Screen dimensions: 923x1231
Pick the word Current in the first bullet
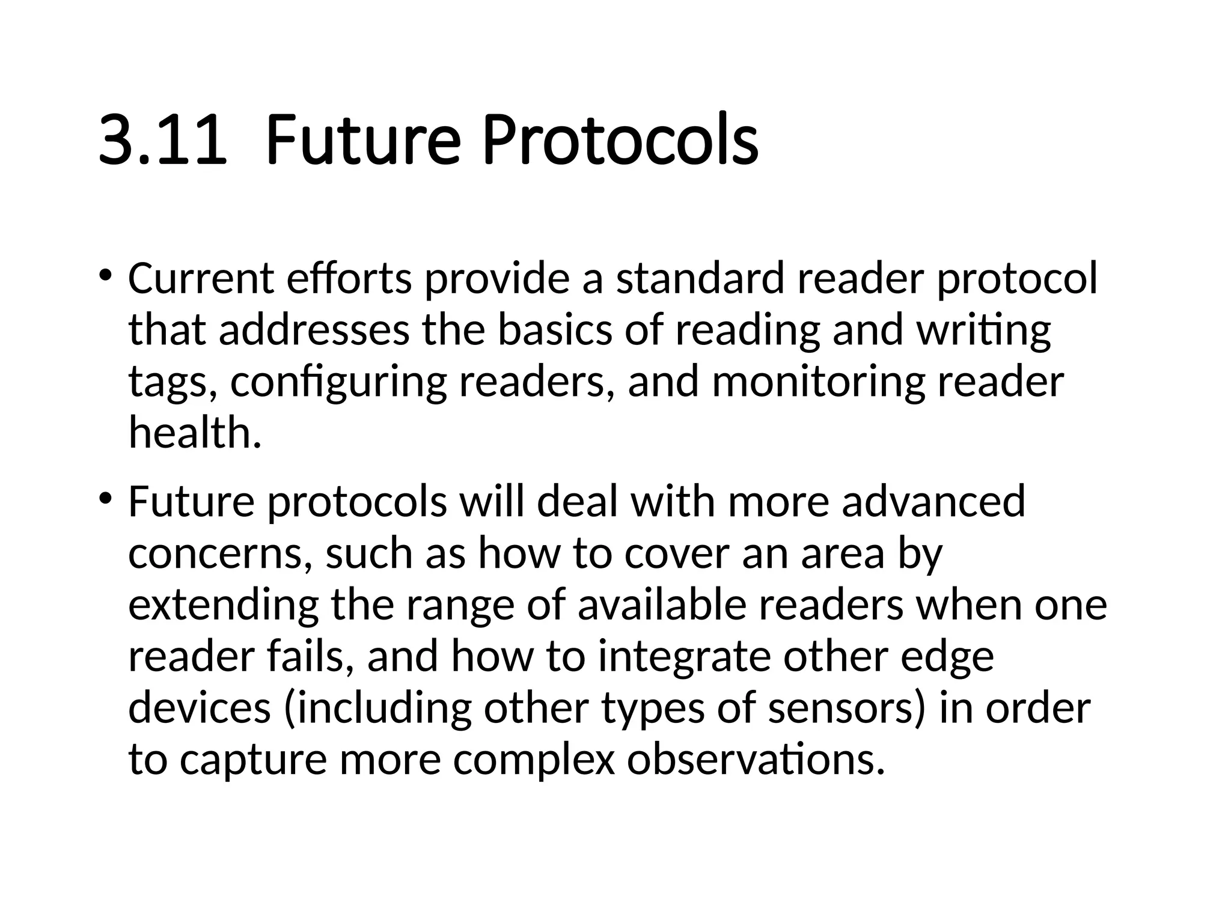pyautogui.click(x=201, y=279)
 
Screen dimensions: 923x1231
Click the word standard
pyautogui.click(x=700, y=279)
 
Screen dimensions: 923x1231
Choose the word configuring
pyautogui.click(x=338, y=382)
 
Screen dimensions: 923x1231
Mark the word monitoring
pyautogui.click(x=818, y=382)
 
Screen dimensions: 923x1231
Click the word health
pyautogui.click(x=195, y=433)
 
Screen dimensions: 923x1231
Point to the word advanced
pyautogui.click(x=933, y=502)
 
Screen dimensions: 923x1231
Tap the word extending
pyautogui.click(x=223, y=605)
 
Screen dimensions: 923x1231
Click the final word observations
pyautogui.click(x=756, y=760)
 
